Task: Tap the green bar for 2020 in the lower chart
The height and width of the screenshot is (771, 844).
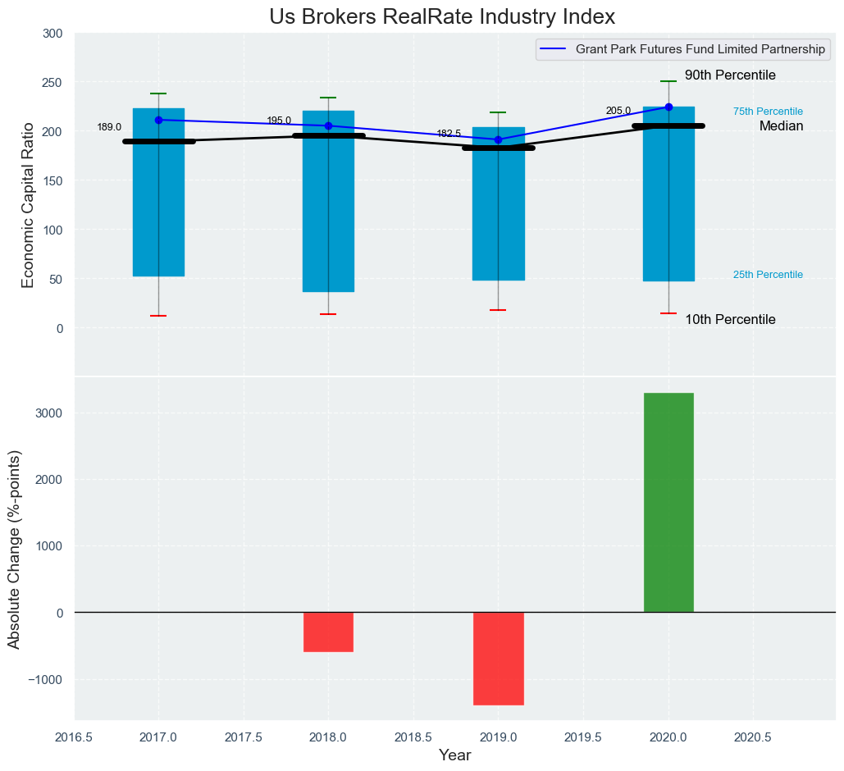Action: (x=668, y=502)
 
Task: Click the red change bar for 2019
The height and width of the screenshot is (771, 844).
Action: (x=498, y=658)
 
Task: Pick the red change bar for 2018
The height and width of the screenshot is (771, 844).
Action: (x=328, y=632)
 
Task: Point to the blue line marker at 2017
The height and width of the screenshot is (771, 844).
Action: (x=158, y=120)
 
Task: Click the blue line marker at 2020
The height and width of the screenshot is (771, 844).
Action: (x=668, y=107)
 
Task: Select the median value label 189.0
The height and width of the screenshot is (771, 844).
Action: (x=109, y=128)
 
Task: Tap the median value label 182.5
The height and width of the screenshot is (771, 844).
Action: (x=449, y=134)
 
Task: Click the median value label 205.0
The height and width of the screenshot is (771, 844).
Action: (x=618, y=112)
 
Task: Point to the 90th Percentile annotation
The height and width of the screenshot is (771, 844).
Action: (x=730, y=75)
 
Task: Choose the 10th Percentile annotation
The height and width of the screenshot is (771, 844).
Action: (x=730, y=320)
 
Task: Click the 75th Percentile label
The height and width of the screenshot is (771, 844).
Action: (x=768, y=112)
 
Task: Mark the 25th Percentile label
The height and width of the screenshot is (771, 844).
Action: (x=768, y=275)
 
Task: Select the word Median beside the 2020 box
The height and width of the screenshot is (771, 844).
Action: (x=781, y=126)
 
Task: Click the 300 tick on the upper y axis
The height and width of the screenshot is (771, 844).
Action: (x=52, y=34)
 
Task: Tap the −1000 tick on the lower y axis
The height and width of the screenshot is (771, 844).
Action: (x=46, y=679)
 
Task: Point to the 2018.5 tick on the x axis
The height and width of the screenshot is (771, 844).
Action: (x=413, y=737)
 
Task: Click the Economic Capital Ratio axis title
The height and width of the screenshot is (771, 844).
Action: (x=29, y=204)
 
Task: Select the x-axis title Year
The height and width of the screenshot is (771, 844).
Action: (x=454, y=755)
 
